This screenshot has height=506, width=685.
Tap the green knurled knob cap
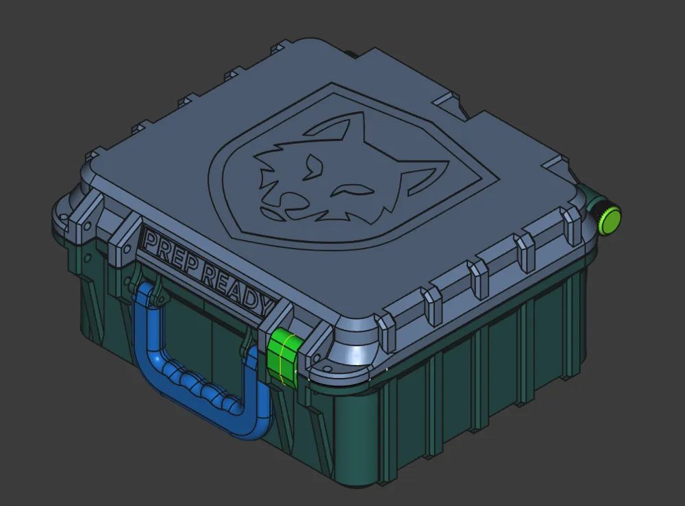tap(610, 220)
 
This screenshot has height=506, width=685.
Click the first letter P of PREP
tap(151, 243)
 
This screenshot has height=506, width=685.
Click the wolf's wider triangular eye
tap(313, 167)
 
